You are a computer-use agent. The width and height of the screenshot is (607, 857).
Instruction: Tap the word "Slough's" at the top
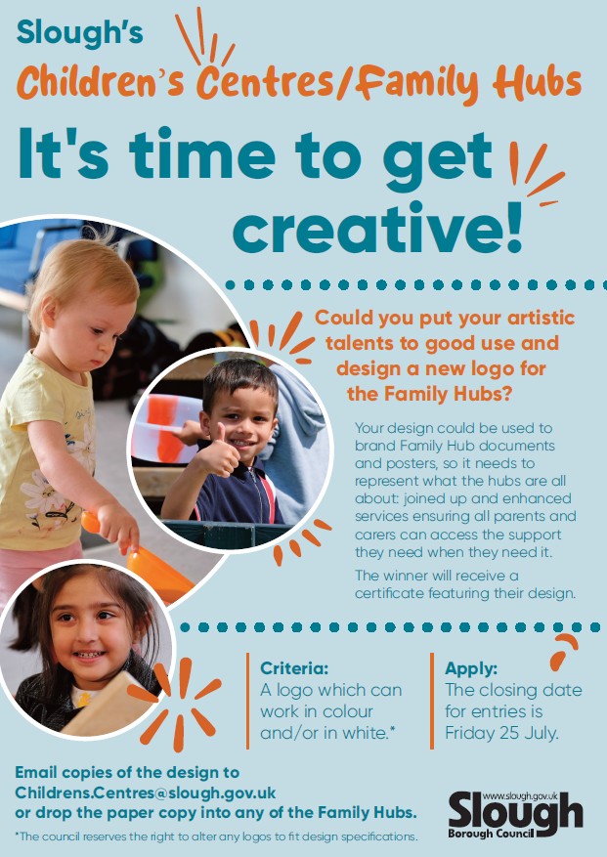pyautogui.click(x=79, y=33)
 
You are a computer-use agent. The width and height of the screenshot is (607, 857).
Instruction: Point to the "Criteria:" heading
pyautogui.click(x=294, y=669)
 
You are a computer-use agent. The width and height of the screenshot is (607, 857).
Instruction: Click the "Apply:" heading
pyautogui.click(x=471, y=669)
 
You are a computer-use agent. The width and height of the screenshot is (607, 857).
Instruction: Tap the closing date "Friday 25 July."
pyautogui.click(x=501, y=733)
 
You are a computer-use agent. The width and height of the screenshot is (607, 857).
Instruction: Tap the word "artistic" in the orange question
pyautogui.click(x=539, y=319)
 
